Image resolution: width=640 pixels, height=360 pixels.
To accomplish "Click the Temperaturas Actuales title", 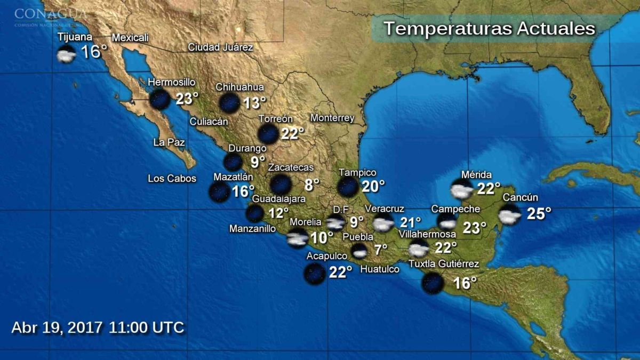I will (489, 28).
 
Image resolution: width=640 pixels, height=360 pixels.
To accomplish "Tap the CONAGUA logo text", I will (50, 13).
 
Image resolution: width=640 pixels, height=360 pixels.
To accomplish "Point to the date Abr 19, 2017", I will (57, 327).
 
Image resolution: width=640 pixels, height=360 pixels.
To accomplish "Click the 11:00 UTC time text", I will (147, 327).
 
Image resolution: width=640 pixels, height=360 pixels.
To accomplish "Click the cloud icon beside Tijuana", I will (67, 54).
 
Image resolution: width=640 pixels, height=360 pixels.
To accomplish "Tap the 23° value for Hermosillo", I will (187, 99).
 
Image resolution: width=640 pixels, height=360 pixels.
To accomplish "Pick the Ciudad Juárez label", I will (220, 47).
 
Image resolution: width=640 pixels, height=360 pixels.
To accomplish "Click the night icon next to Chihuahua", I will (229, 102).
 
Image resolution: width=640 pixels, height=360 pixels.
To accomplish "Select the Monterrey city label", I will (332, 118).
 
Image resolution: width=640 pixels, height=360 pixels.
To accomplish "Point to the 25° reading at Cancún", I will (539, 214).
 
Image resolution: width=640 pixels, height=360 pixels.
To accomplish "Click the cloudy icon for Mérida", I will (462, 189).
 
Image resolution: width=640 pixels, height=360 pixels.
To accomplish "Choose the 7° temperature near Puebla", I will (380, 250).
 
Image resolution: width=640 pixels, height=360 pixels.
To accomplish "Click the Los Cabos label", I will (172, 179).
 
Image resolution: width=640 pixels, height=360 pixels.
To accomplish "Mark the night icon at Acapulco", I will (314, 273).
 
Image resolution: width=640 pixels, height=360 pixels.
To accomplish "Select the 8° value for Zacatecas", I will (312, 185).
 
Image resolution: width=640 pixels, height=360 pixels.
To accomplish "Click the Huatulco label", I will (380, 269).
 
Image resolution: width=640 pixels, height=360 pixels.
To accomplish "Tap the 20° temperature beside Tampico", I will (373, 186).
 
